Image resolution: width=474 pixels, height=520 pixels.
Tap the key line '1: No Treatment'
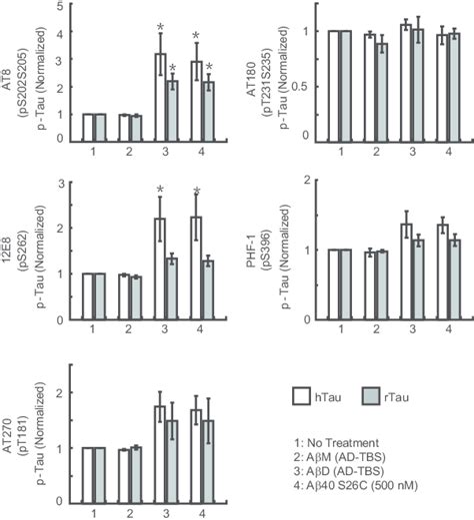click(337, 440)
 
